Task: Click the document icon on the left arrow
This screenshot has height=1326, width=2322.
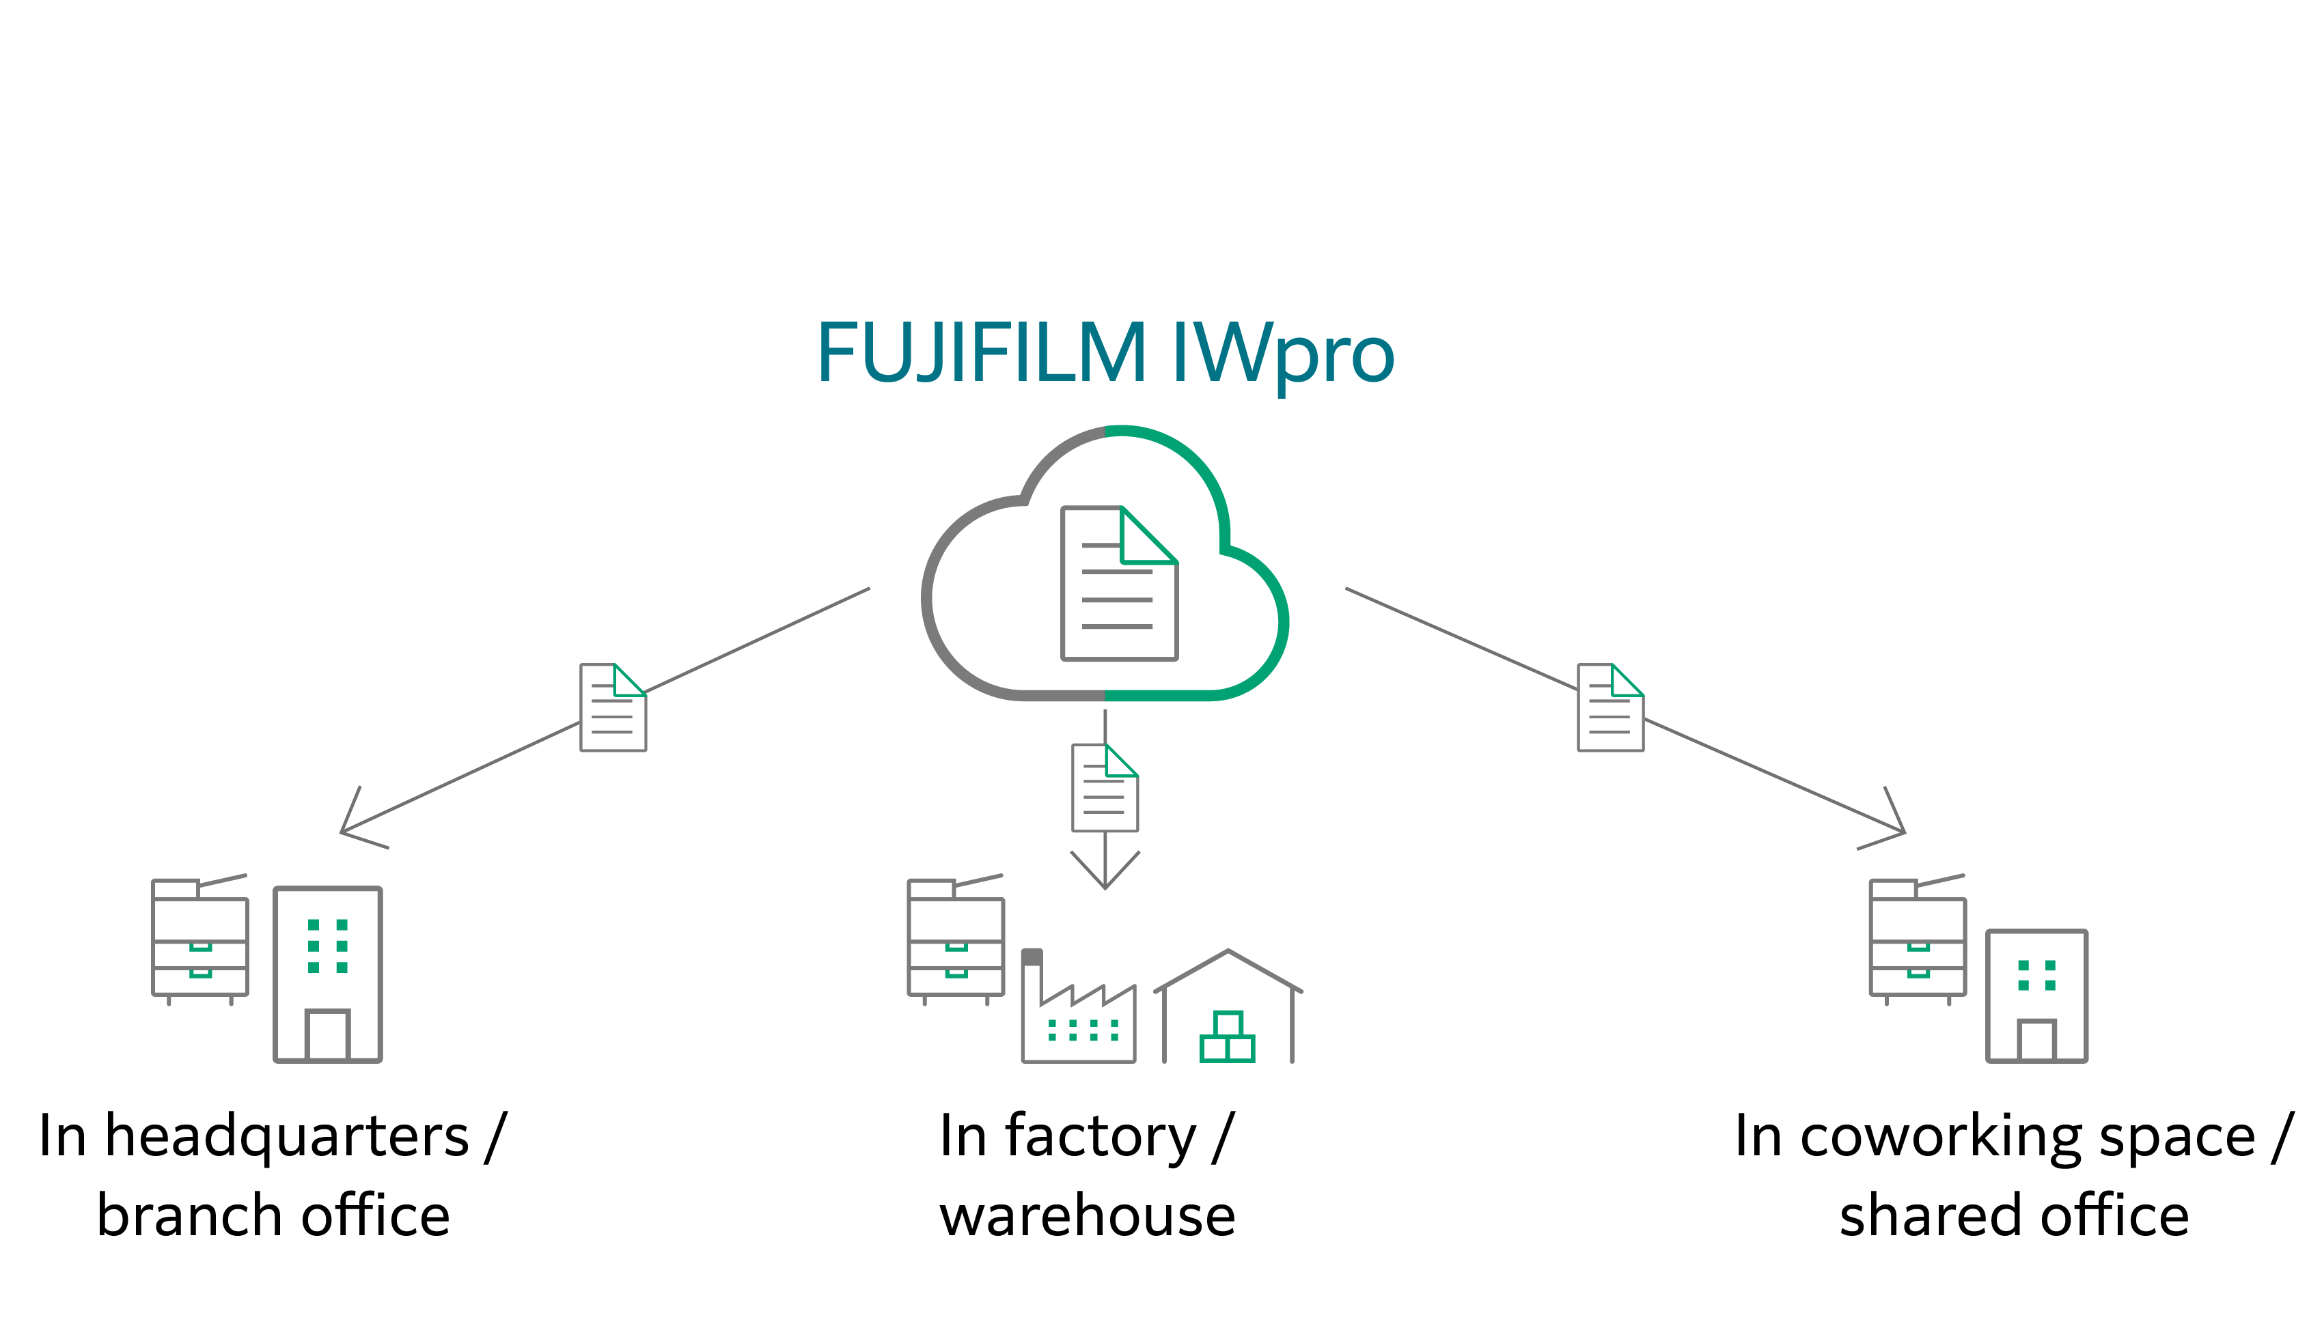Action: (613, 707)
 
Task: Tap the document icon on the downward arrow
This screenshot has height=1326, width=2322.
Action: (1104, 788)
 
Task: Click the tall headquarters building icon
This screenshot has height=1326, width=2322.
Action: (328, 974)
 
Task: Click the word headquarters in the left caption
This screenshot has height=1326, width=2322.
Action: (287, 1137)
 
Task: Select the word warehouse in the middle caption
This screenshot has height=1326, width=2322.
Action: (1088, 1216)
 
